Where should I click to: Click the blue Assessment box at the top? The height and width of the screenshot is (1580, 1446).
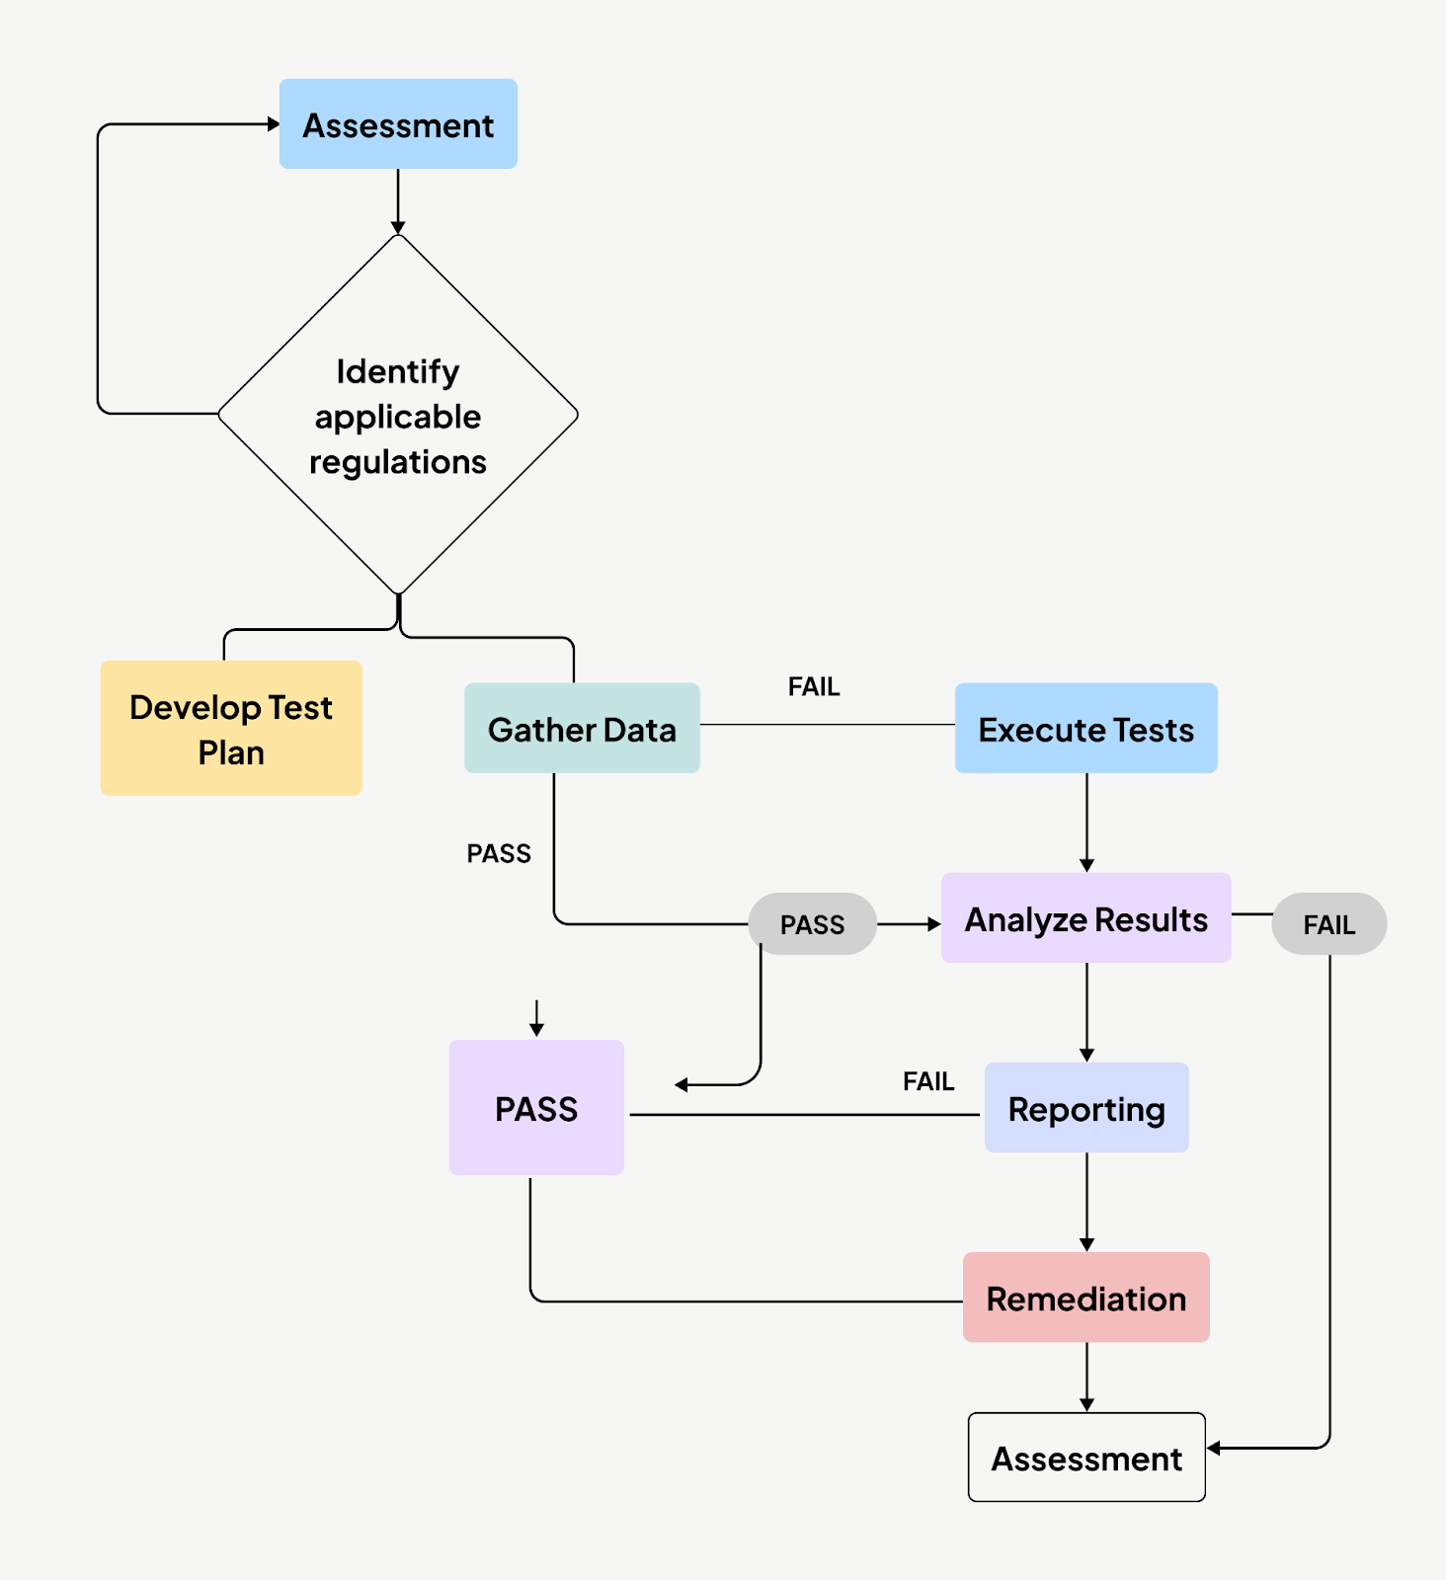398,124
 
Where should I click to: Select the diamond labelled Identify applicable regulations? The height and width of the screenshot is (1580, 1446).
398,415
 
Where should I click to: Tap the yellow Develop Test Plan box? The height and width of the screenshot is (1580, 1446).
231,729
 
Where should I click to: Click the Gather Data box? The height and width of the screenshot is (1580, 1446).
582,729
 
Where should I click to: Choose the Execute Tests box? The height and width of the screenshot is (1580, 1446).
1085,729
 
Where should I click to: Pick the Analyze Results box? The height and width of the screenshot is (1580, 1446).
1085,918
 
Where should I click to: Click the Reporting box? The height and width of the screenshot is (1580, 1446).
1085,1108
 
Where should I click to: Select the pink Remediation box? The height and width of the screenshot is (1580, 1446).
1085,1298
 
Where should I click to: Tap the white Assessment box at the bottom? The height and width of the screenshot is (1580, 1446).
1085,1458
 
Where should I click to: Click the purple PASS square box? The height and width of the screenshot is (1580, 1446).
536,1108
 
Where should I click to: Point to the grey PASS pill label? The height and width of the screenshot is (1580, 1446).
812,924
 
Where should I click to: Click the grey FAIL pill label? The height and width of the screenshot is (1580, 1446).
1328,924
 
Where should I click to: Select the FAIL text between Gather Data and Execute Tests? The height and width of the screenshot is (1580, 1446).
814,686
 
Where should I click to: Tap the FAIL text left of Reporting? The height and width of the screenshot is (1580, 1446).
928,1081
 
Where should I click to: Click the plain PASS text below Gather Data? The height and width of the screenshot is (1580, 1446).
499,853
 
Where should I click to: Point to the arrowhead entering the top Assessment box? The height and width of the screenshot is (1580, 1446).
274,124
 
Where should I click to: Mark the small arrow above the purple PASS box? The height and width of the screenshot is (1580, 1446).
536,1019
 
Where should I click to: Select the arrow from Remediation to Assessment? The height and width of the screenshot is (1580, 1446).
1086,1378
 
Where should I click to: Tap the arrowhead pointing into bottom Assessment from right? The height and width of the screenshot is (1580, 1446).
1214,1448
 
